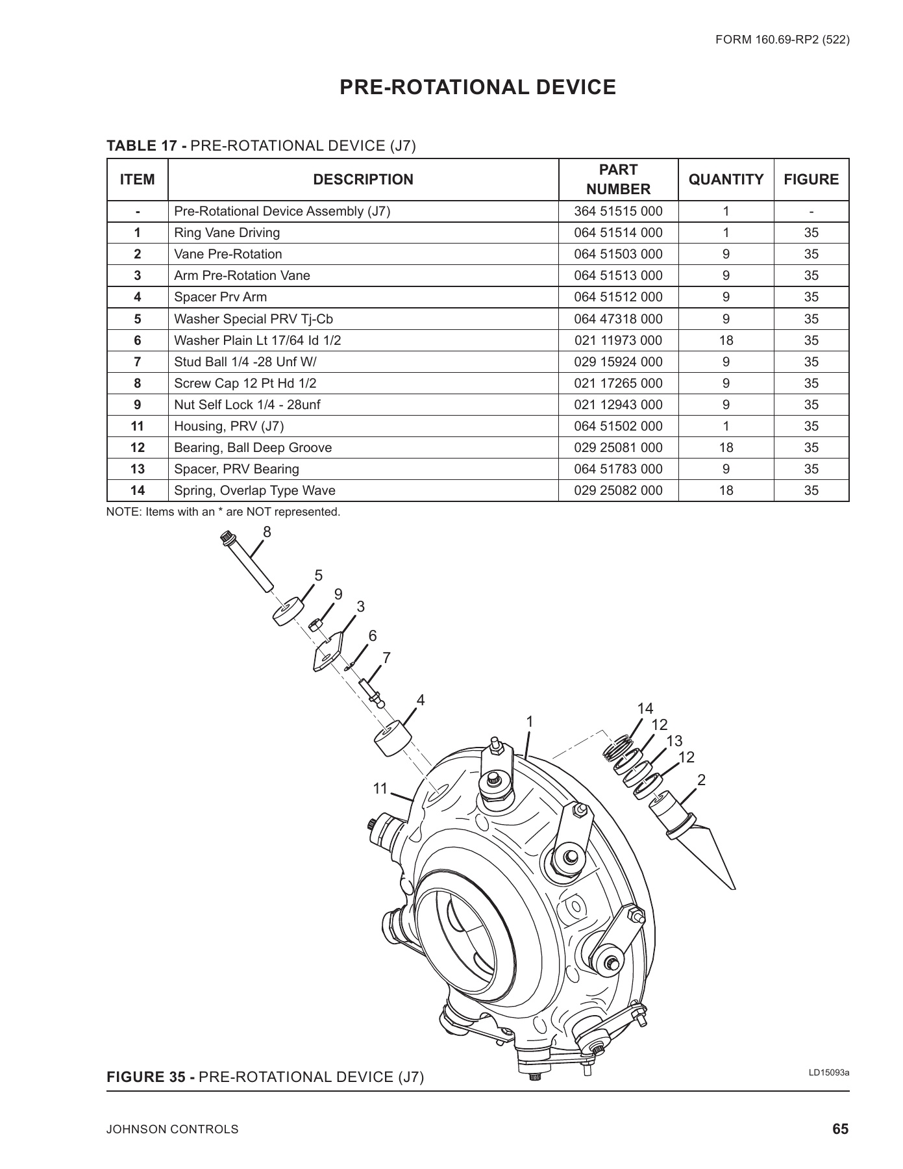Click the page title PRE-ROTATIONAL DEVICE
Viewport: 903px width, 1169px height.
478,87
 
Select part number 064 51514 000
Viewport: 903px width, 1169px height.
618,233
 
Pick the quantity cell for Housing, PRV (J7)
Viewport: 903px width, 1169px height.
726,426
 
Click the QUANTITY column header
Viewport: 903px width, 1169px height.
726,179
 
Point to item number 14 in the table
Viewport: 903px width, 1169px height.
137,490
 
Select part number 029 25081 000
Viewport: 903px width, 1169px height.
618,447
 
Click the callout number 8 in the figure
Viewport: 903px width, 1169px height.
267,532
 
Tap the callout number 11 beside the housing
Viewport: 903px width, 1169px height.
380,788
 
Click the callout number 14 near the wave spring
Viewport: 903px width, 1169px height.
645,709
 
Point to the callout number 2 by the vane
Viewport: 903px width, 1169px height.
701,780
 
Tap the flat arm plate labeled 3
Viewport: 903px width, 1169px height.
328,651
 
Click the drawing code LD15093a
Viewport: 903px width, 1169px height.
828,1072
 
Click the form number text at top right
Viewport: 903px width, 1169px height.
782,40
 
